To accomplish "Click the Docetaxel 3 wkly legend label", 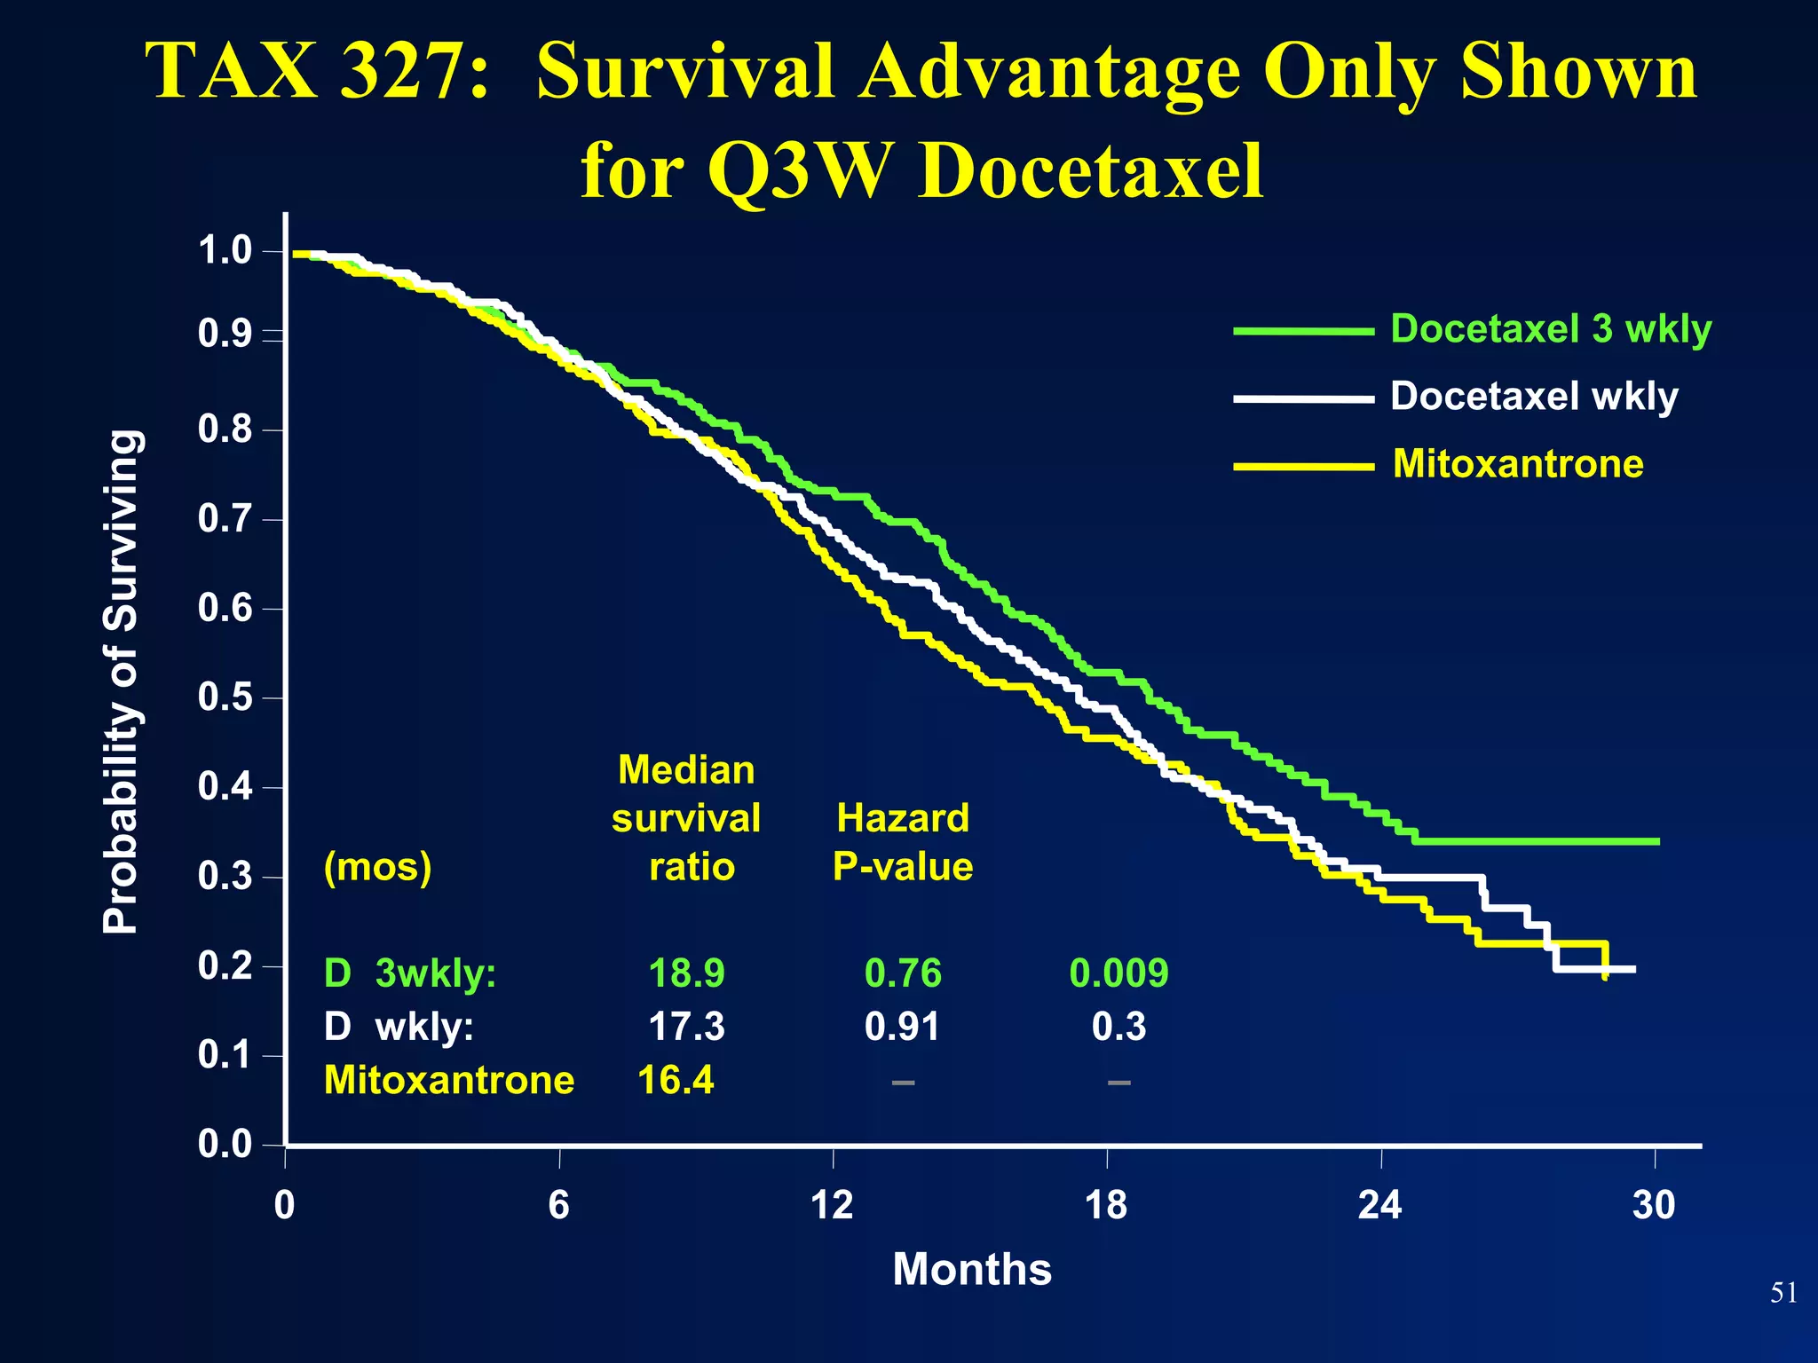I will [1550, 329].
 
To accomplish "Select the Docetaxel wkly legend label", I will [1534, 396].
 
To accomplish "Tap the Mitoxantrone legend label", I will [1518, 464].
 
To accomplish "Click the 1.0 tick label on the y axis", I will [225, 251].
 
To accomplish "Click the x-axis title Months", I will [972, 1269].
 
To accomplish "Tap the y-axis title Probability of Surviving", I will [121, 681].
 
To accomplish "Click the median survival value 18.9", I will [686, 973].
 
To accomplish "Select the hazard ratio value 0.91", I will [902, 1027].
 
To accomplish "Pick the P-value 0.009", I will [1118, 973].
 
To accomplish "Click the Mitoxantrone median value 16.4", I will [676, 1081].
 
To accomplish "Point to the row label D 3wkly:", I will [409, 973].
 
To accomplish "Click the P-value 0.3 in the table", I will [1118, 1027].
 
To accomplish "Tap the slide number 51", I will [1783, 1293].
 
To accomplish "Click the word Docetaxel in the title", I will [1090, 170].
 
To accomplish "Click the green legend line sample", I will [1303, 331].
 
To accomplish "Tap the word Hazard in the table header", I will [902, 818].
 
